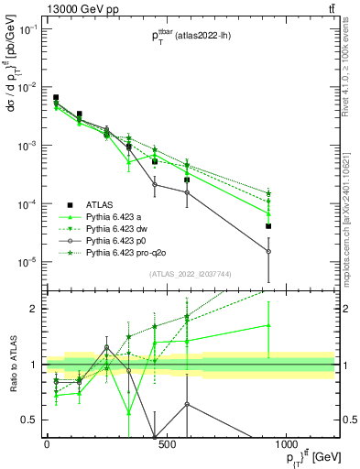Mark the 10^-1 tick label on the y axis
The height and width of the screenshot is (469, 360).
[x=27, y=29]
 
